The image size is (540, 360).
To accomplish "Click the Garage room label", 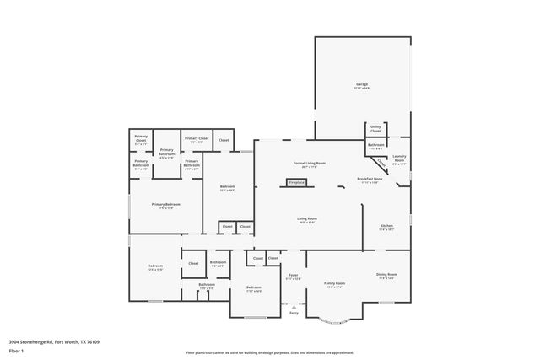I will pos(361,86).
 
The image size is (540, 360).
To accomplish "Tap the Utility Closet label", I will pos(375,130).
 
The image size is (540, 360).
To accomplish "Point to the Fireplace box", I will pos(296,182).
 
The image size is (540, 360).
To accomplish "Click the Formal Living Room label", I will pos(309,164).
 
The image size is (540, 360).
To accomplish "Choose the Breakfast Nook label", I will pos(371,180).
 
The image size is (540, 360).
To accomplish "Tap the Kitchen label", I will pos(386,228).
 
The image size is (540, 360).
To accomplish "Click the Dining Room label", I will pos(386,276).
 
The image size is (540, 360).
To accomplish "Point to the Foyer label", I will pos(294,276).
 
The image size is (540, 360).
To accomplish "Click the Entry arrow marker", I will pos(294,308).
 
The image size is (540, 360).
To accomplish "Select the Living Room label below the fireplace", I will pos(306,221).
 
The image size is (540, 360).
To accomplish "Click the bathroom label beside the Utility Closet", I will pos(375,147).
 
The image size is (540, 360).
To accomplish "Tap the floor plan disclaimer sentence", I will pos(269,353).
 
